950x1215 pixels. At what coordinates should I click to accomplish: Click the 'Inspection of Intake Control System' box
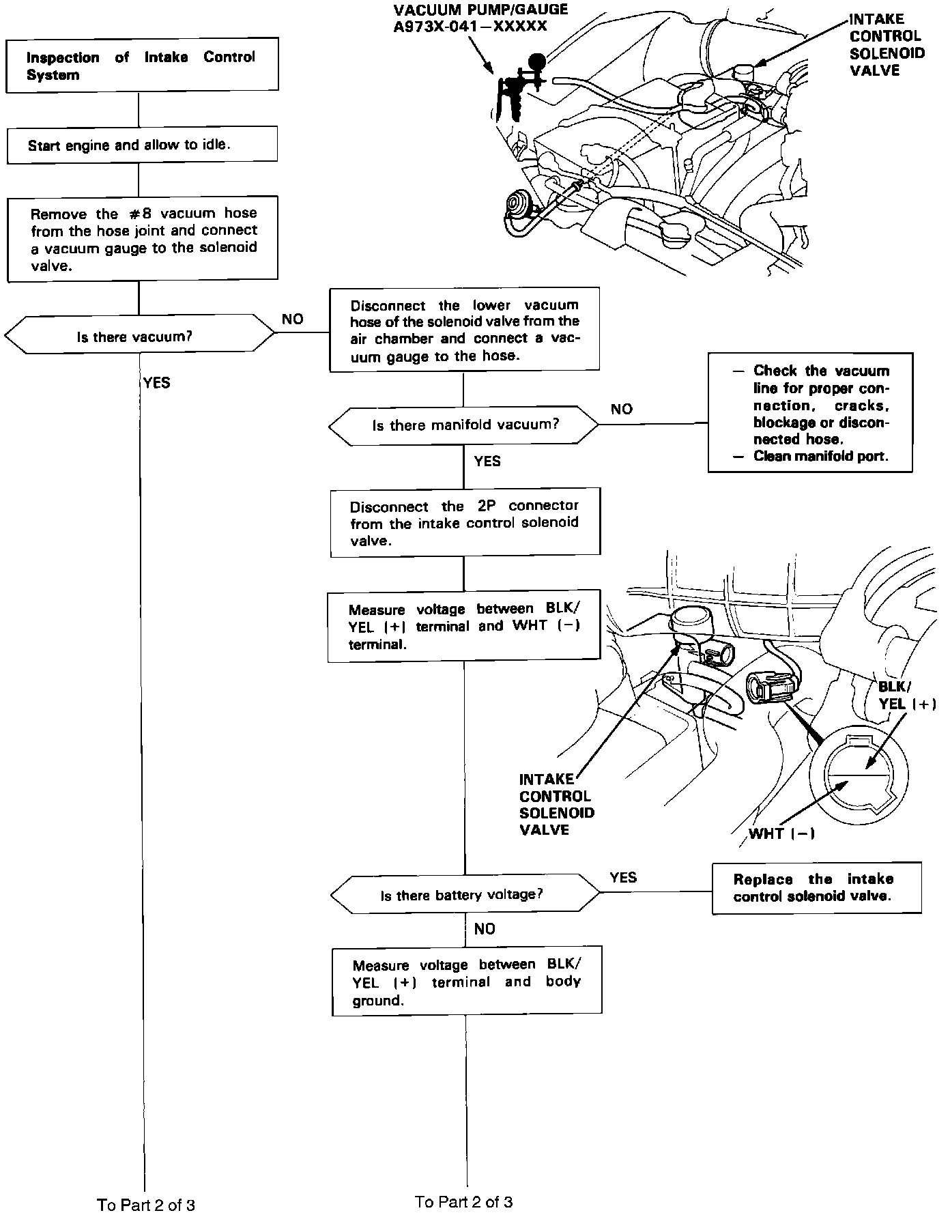[x=142, y=66]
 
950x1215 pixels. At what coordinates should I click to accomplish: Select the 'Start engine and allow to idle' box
[x=142, y=145]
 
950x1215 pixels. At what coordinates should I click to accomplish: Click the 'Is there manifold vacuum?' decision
[x=464, y=425]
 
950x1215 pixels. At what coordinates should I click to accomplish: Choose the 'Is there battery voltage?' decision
[x=464, y=895]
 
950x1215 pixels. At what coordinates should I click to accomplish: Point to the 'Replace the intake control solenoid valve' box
[x=816, y=888]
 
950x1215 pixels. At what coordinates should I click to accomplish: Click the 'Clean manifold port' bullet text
[x=820, y=456]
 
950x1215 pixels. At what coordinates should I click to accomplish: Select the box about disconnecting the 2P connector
[x=465, y=523]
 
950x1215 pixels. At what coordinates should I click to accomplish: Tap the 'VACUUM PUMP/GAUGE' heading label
[x=480, y=10]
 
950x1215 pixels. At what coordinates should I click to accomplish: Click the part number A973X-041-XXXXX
[x=471, y=27]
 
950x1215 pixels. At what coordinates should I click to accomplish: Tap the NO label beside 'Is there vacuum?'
[x=292, y=319]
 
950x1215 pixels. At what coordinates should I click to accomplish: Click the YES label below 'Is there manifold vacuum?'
[x=487, y=461]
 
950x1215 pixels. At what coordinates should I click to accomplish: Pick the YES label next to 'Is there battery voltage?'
[x=623, y=877]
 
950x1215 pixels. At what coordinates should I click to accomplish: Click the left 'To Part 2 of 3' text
[x=146, y=1205]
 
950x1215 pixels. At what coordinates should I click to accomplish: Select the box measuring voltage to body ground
[x=467, y=982]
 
